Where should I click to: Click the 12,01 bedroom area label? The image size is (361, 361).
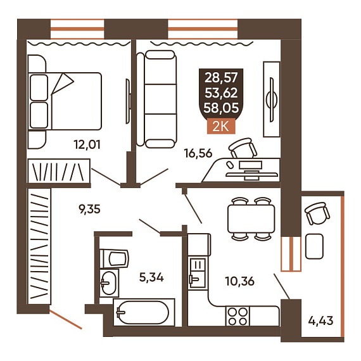[x=87, y=145]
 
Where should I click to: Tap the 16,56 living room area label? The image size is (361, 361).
[x=198, y=153]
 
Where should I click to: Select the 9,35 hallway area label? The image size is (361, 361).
[x=89, y=210]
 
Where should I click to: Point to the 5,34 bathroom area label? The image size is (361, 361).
[x=151, y=277]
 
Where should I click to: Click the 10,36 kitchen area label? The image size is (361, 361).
[x=240, y=281]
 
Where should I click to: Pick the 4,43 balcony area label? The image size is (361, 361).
[x=320, y=320]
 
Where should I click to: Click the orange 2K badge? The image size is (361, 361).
[x=221, y=127]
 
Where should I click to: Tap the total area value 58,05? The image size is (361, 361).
[x=221, y=108]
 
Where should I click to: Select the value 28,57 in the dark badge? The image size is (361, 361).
[x=221, y=77]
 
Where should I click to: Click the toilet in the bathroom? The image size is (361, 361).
[x=114, y=258]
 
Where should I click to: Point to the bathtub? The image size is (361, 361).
[x=144, y=312]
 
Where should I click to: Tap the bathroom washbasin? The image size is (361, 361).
[x=110, y=283]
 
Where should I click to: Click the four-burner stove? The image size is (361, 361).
[x=237, y=316]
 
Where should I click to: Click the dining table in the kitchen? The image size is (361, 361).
[x=251, y=218]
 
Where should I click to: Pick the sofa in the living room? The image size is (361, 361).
[x=157, y=99]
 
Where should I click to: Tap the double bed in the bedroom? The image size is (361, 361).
[x=65, y=101]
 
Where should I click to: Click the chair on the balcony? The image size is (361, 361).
[x=317, y=213]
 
